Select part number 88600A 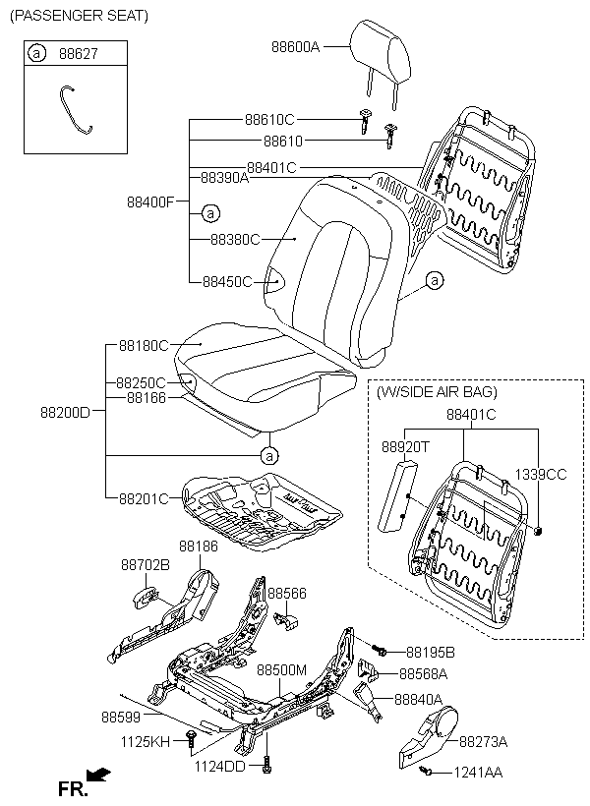(296, 47)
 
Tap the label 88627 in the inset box (79, 53)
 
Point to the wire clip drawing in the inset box (75, 109)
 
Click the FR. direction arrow (98, 774)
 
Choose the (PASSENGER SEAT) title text (80, 16)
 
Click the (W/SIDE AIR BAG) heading (437, 392)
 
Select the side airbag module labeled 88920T (398, 495)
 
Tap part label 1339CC (541, 475)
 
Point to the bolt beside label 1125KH (192, 738)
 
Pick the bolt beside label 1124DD (265, 765)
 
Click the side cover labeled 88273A (428, 738)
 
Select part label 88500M (281, 669)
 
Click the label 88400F (150, 202)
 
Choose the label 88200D (65, 412)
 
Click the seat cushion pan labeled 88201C (263, 512)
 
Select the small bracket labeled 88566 (286, 620)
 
